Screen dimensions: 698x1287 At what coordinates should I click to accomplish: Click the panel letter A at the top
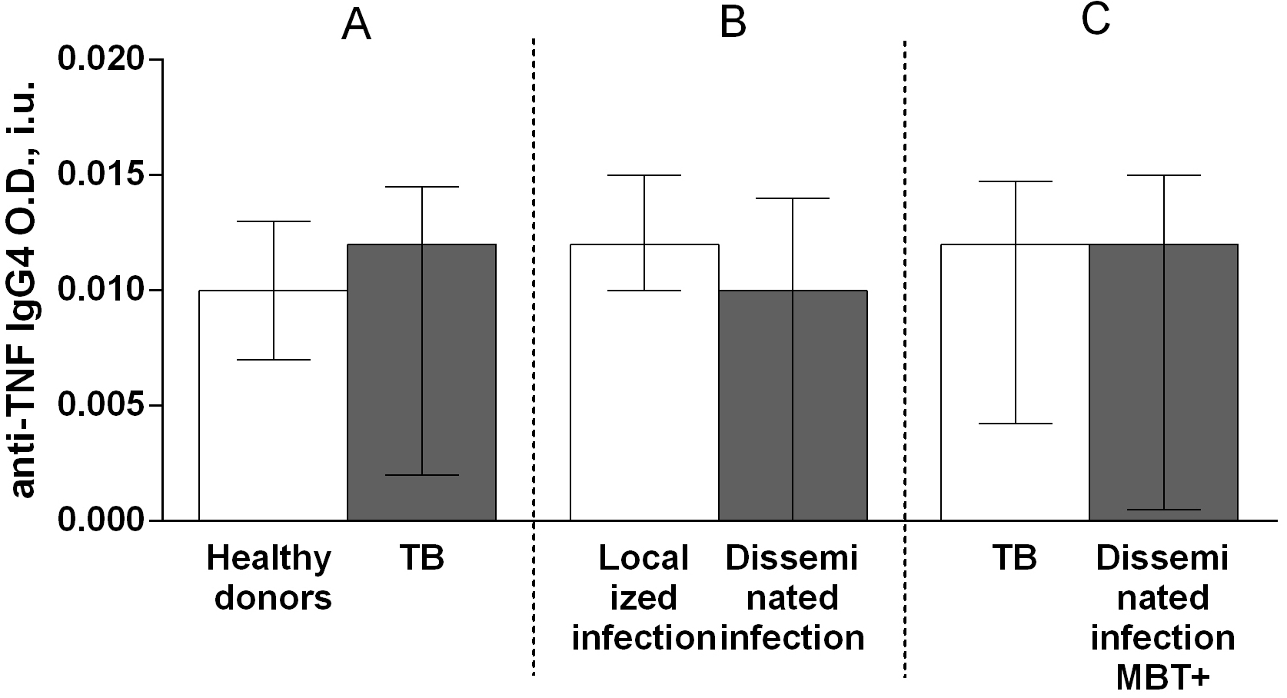click(x=356, y=25)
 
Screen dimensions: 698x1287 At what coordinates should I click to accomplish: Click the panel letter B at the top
click(x=733, y=23)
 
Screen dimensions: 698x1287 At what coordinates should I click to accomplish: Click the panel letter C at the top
click(x=1096, y=21)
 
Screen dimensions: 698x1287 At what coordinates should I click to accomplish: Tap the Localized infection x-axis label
click(x=643, y=598)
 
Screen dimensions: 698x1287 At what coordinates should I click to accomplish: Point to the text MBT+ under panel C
click(x=1163, y=677)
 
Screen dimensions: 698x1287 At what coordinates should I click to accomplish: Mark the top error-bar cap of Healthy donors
click(x=273, y=221)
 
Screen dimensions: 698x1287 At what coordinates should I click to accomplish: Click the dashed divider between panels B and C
click(x=905, y=354)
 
